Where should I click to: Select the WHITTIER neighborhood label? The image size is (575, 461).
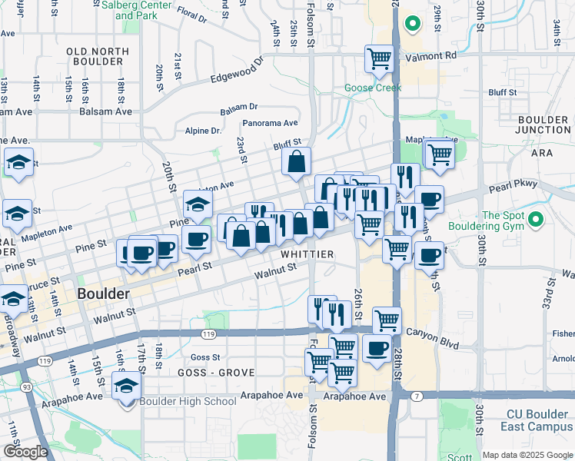pyautogui.click(x=307, y=254)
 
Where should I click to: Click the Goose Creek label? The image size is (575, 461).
pyautogui.click(x=373, y=88)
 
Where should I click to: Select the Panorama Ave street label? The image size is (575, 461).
pyautogui.click(x=270, y=123)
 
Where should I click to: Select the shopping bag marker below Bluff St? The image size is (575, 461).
pyautogui.click(x=296, y=162)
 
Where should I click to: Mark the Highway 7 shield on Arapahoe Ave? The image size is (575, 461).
pyautogui.click(x=416, y=396)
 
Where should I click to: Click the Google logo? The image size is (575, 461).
pyautogui.click(x=25, y=452)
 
